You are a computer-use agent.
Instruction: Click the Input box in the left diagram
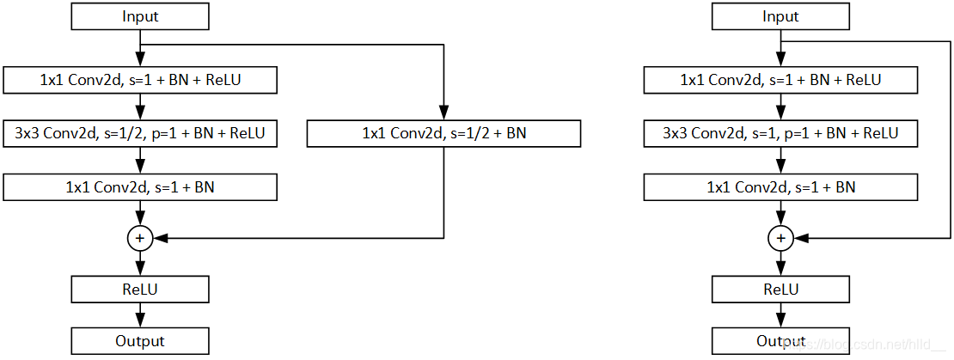point(140,16)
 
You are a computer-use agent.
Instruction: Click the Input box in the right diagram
point(780,16)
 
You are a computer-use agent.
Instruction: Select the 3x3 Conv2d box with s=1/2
point(140,134)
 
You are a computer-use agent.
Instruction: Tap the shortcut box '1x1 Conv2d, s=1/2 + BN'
point(444,134)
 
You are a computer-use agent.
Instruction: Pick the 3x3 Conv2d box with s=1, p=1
point(780,134)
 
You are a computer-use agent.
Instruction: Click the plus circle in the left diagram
point(140,238)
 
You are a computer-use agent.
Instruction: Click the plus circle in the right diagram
point(780,238)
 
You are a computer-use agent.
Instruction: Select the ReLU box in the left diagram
point(140,290)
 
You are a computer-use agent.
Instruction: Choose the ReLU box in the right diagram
point(780,290)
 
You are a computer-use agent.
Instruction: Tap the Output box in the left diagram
point(140,341)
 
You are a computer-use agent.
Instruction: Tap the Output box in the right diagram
point(780,341)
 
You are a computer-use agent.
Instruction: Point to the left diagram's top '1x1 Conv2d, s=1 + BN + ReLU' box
point(140,80)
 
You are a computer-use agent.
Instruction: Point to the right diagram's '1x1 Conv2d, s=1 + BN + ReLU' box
point(780,80)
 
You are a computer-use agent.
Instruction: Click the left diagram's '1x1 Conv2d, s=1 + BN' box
point(140,187)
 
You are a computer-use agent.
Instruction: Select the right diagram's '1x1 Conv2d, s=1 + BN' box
point(780,187)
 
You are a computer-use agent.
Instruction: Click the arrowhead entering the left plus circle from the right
point(158,238)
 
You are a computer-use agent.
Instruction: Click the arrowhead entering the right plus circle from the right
point(798,238)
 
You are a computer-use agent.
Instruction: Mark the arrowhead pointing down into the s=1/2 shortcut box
point(444,114)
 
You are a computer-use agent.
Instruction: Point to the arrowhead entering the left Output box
point(140,321)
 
